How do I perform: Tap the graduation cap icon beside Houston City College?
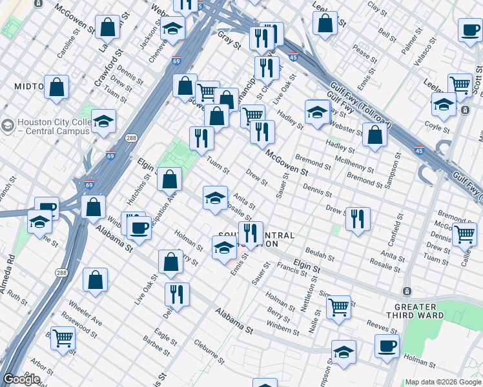[x=103, y=121]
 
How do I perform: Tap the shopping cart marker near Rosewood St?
[x=63, y=337]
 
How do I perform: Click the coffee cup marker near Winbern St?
[x=139, y=227]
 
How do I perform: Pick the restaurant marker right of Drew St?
[x=358, y=219]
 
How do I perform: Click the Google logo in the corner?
[x=21, y=379]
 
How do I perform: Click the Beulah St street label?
[x=320, y=253]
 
